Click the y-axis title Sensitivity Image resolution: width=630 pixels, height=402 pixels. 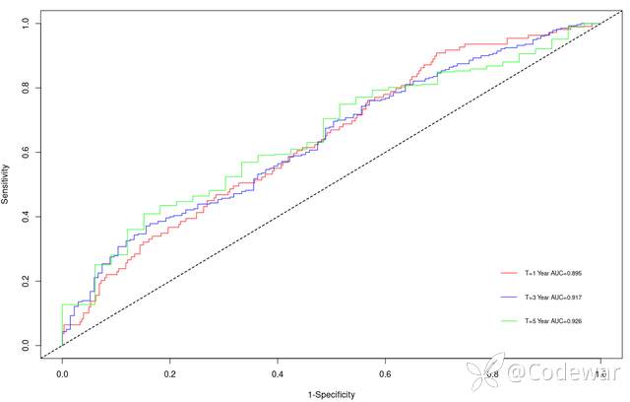(x=6, y=183)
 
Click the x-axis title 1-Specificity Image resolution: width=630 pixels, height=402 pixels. (x=331, y=394)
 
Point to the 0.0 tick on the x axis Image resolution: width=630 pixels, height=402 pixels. (x=62, y=375)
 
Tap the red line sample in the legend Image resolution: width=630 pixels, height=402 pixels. (x=509, y=271)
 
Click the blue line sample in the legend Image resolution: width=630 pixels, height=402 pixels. (x=509, y=296)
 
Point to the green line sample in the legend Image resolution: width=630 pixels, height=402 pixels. (x=509, y=320)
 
